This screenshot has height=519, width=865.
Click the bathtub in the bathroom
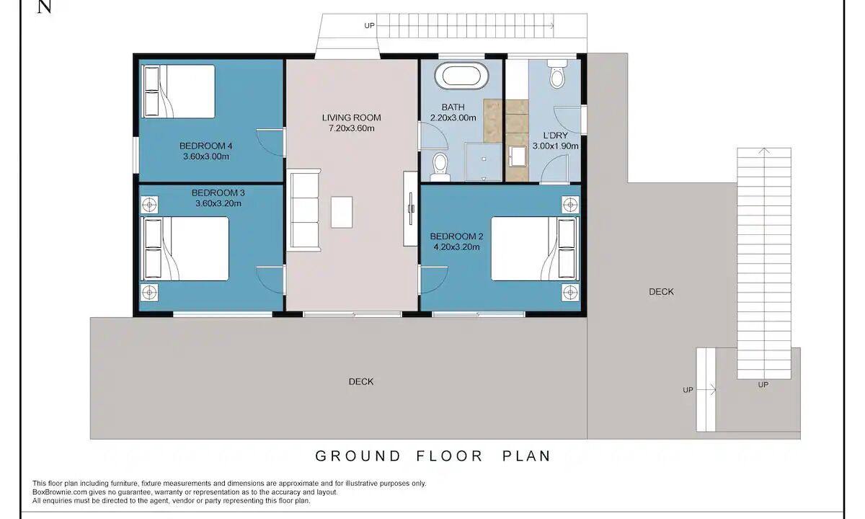pos(462,75)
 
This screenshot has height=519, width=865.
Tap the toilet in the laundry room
pos(557,74)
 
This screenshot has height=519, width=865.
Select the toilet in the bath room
pos(440,167)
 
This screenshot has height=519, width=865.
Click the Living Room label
pos(352,117)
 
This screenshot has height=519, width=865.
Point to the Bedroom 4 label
pos(206,146)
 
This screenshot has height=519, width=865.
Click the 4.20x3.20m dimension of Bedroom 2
pos(456,247)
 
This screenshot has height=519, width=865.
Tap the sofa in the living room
pos(306,210)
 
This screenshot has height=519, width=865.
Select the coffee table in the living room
pos(342,212)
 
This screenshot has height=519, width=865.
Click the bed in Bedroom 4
pos(179,91)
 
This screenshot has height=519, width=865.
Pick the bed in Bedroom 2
pos(535,249)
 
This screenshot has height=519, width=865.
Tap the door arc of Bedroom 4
pos(270,143)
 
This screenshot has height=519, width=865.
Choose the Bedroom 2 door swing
pos(434,280)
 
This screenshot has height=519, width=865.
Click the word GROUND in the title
pos(358,456)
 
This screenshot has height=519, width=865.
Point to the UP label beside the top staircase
pos(369,25)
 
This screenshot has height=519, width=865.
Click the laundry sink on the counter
pos(517,156)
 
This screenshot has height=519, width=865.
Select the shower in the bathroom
pos(484,161)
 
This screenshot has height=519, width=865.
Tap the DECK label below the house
pos(361,381)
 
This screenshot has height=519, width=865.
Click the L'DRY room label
pos(555,136)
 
